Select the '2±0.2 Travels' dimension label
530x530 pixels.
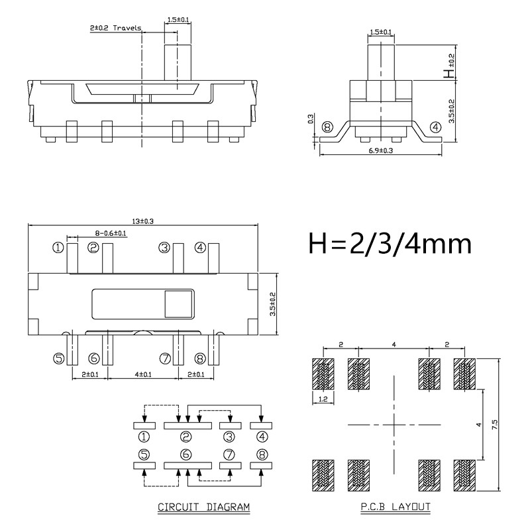(x=113, y=28)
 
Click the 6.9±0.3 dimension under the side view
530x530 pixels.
(x=380, y=150)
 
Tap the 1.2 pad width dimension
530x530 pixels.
(x=323, y=399)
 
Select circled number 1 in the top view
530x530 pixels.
(x=58, y=248)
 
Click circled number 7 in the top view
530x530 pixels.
(x=164, y=358)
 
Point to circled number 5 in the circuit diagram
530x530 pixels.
(x=144, y=454)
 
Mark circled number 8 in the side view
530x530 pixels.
(x=326, y=127)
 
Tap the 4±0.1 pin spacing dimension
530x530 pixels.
(x=142, y=374)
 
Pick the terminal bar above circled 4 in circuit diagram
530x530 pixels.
(x=262, y=426)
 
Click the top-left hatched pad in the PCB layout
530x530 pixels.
(x=323, y=375)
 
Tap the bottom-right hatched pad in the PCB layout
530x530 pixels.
(x=464, y=474)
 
